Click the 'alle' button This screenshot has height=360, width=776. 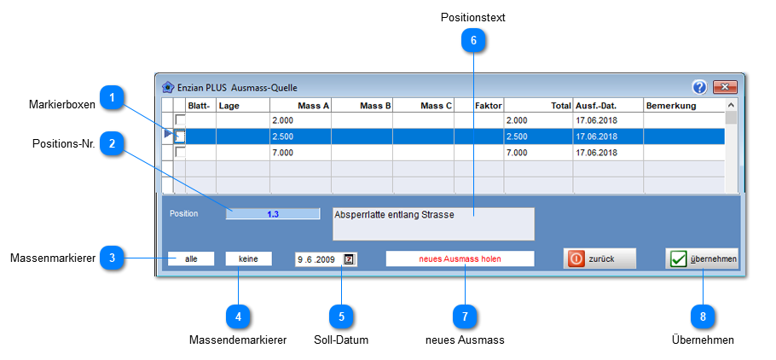click(191, 258)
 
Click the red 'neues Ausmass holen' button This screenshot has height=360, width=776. click(460, 258)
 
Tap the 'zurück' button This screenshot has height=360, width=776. click(599, 258)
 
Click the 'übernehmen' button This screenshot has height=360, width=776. click(702, 258)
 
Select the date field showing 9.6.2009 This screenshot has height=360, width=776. click(326, 259)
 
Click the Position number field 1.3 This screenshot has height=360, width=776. click(273, 214)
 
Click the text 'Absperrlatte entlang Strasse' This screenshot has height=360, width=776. click(395, 216)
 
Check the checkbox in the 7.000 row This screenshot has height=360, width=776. click(180, 152)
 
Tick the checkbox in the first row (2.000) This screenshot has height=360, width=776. click(180, 119)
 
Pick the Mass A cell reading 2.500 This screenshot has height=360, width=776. click(300, 136)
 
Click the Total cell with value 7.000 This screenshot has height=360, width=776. click(538, 153)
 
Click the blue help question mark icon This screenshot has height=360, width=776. click(699, 87)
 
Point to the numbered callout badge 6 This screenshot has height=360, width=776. click(473, 41)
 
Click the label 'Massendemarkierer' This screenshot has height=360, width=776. click(238, 340)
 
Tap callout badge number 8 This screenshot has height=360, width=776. click(703, 316)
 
